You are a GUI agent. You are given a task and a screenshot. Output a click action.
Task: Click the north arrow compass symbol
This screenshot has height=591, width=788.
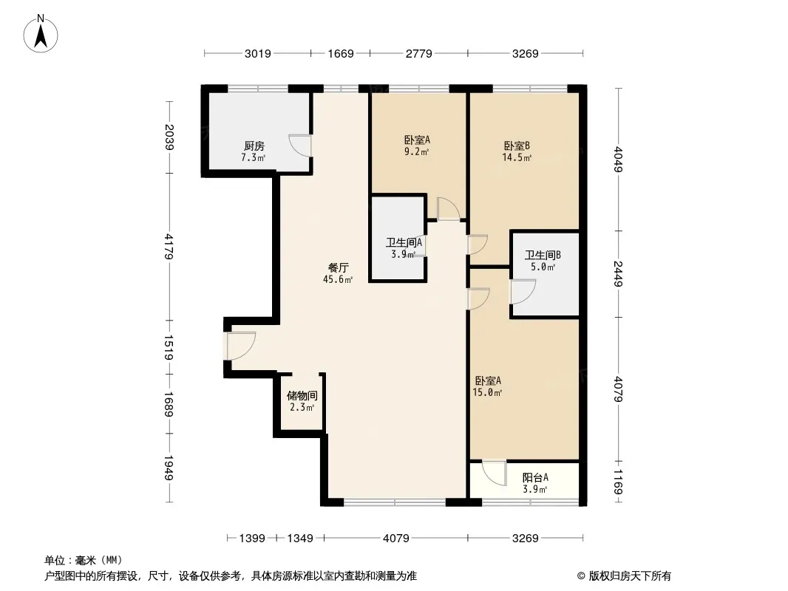41,34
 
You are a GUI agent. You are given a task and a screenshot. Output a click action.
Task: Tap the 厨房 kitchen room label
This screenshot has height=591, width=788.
254,151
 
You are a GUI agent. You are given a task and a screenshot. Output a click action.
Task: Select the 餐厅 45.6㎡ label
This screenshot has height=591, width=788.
338,273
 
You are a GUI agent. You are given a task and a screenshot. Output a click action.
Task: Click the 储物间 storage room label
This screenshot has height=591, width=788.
302,401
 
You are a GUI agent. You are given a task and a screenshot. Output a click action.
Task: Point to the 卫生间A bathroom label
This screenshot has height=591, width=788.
404,248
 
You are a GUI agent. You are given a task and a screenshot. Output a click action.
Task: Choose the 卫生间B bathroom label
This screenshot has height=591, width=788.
543,261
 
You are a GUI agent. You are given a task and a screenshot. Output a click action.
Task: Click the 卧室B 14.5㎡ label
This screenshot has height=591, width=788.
517,151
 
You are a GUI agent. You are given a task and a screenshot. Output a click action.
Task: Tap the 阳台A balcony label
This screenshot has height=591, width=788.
535,483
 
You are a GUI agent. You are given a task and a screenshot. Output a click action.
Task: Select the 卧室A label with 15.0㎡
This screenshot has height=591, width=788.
487,386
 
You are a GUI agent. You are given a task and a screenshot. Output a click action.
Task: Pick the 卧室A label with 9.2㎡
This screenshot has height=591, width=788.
417,146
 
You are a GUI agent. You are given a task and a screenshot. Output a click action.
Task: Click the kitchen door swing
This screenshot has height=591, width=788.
300,146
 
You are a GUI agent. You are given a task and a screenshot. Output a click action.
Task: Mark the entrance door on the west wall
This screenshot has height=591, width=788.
241,346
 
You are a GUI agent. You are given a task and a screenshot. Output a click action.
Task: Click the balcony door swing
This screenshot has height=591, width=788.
494,473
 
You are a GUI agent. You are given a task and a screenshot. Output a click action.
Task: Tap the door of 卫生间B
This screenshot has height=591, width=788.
523,292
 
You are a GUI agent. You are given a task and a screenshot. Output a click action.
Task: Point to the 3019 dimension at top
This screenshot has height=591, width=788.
258,53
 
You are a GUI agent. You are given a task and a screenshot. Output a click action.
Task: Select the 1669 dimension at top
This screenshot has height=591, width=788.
341,53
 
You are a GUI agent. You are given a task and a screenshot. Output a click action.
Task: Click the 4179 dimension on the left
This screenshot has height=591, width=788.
169,246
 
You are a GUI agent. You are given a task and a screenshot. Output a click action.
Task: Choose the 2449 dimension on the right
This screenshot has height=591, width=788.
618,273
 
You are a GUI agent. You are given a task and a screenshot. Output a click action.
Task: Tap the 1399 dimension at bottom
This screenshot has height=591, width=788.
252,539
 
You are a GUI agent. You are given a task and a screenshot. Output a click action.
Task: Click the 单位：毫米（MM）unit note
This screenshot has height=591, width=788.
84,560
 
